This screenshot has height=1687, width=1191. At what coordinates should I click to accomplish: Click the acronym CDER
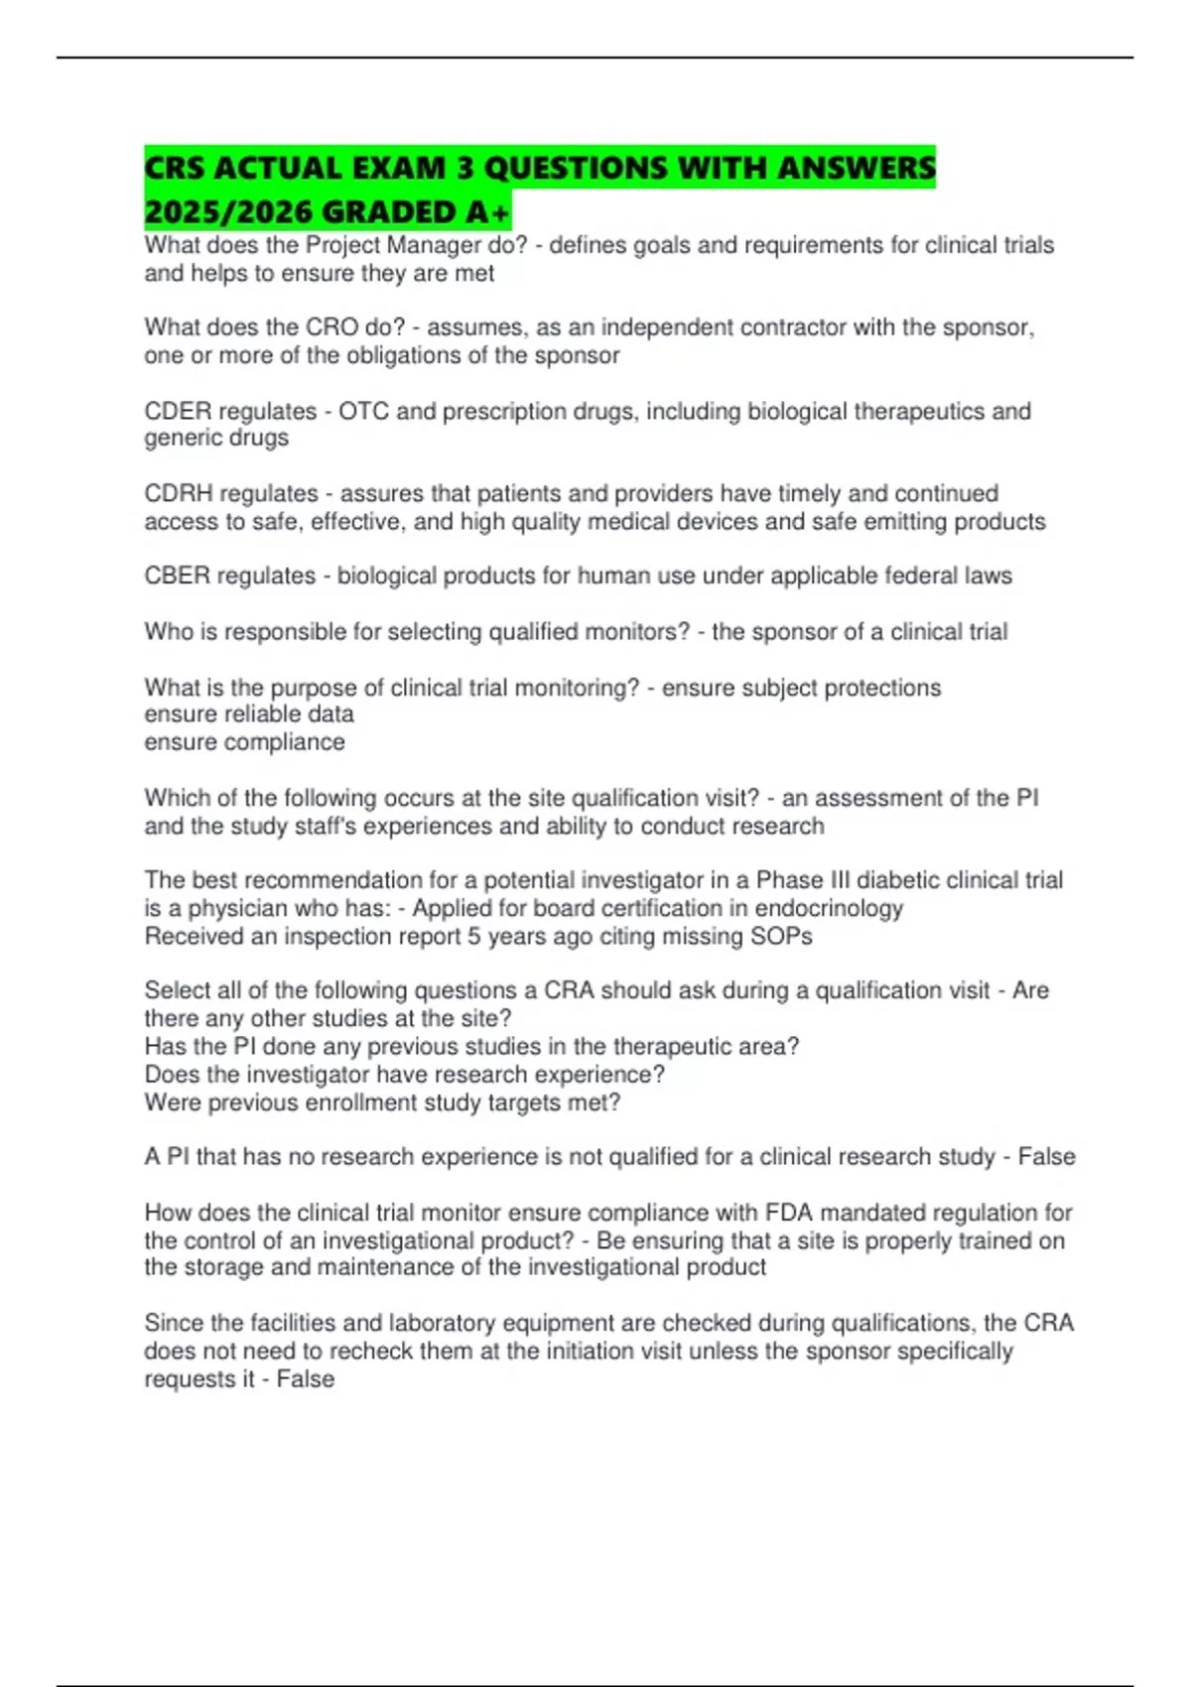178,411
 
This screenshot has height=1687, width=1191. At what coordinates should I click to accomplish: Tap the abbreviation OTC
363,411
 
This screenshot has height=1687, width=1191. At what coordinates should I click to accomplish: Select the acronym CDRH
178,493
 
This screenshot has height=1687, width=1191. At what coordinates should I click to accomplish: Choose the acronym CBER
178,576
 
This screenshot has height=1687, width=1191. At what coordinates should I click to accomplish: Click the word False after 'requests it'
306,1378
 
